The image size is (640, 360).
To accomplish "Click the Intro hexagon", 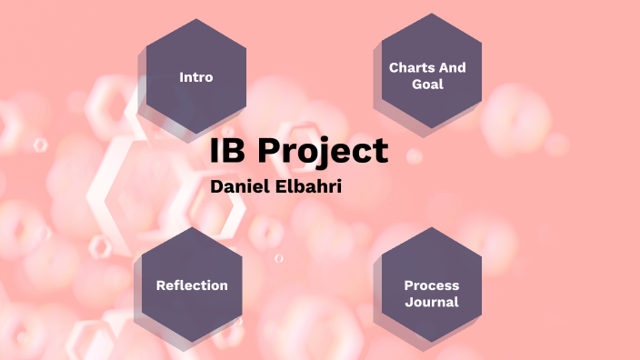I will [x=195, y=77].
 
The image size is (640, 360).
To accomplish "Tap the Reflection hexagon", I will [x=192, y=285].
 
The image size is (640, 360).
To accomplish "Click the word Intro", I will [x=196, y=77].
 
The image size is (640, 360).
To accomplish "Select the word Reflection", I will [x=192, y=285].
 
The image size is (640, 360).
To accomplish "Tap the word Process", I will [x=431, y=285].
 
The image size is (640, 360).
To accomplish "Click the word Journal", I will [x=432, y=302].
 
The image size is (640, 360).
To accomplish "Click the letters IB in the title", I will [x=227, y=152].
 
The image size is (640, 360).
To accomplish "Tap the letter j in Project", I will [x=317, y=155].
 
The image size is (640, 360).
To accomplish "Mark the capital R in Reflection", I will [x=160, y=285].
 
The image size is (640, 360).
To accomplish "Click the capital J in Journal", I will [x=408, y=302].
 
